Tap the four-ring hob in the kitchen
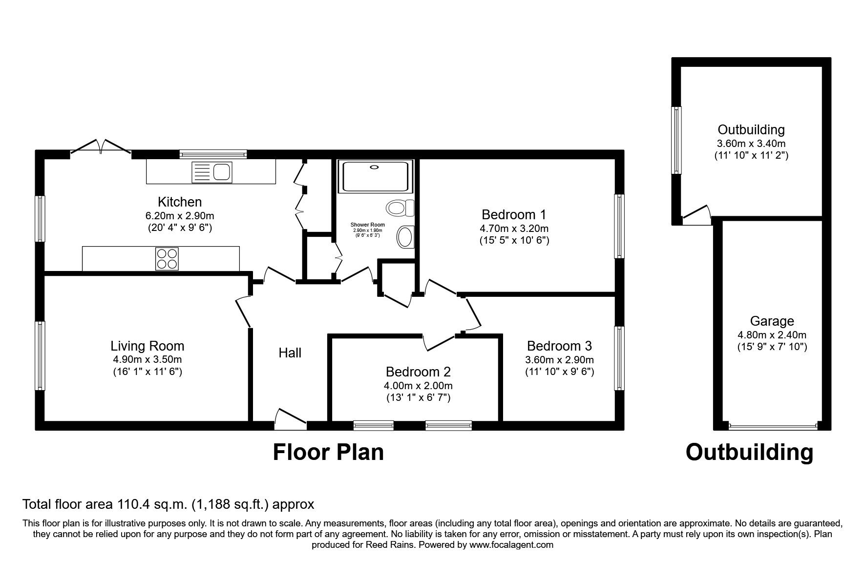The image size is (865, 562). pyautogui.click(x=167, y=259)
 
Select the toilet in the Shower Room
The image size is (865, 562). pyautogui.click(x=400, y=208)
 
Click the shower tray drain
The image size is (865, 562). pyautogui.click(x=375, y=167)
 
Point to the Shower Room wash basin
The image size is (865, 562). pyautogui.click(x=405, y=237)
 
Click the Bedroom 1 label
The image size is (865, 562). pyautogui.click(x=514, y=214)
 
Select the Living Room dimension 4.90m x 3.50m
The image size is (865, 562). pyautogui.click(x=147, y=359)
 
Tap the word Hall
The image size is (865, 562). pyautogui.click(x=290, y=353)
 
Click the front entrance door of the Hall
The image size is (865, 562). pyautogui.click(x=290, y=420)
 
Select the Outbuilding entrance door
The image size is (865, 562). pyautogui.click(x=696, y=215)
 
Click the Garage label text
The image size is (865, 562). pyautogui.click(x=772, y=321)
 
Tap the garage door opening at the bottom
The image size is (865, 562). pyautogui.click(x=772, y=426)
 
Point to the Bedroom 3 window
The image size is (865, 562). pyautogui.click(x=619, y=358)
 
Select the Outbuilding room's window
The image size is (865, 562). pyautogui.click(x=676, y=140)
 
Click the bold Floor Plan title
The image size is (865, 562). pyautogui.click(x=328, y=452)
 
